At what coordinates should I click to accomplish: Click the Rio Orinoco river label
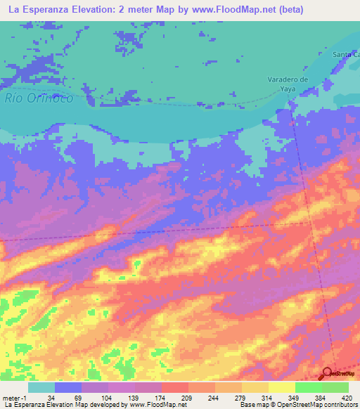click(39, 98)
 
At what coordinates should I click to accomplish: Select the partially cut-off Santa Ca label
click(346, 54)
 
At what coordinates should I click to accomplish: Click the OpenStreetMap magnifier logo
click(328, 373)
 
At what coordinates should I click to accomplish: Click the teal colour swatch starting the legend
click(41, 387)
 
